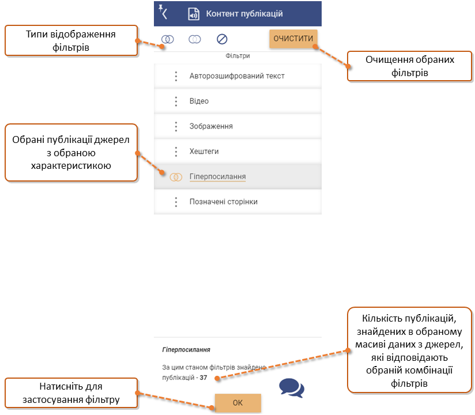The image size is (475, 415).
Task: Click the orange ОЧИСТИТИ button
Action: (x=293, y=39)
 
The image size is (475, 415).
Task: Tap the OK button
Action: (x=238, y=402)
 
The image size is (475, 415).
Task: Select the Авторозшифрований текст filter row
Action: (x=237, y=76)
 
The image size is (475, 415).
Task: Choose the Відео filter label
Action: (x=199, y=101)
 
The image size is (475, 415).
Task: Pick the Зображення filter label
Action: (x=211, y=126)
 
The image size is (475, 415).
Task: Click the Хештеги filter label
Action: (x=204, y=152)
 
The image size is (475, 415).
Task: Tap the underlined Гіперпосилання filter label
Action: (x=217, y=176)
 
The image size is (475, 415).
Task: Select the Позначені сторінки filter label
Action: (x=224, y=202)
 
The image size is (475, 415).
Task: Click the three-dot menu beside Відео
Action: (x=176, y=101)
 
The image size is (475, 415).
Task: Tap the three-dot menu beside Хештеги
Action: (x=176, y=152)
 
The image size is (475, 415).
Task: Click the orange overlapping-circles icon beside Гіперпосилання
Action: (x=176, y=177)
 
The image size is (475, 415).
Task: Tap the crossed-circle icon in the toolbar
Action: (x=222, y=39)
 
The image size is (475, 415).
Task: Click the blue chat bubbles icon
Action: (x=292, y=388)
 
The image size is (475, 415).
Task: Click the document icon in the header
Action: (x=193, y=14)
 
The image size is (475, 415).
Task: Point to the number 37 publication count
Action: (x=203, y=378)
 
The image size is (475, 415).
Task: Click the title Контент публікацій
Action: (x=244, y=14)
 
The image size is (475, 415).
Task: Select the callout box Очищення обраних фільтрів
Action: (x=409, y=66)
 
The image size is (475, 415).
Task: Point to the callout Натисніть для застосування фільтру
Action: (x=71, y=393)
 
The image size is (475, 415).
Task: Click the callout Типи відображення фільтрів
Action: (x=71, y=40)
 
